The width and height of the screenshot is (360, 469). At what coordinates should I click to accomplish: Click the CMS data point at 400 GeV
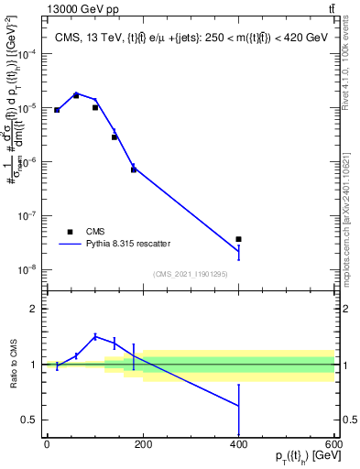pos(238,239)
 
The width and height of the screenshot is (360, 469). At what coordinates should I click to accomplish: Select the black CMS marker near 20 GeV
pos(57,110)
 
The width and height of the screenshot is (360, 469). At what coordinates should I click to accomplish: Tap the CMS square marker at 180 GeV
pos(134,169)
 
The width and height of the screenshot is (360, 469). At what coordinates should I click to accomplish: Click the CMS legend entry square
pos(70,232)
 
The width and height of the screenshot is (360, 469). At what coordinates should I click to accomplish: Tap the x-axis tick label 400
pos(238,445)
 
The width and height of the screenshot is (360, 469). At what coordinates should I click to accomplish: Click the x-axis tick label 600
pos(332,445)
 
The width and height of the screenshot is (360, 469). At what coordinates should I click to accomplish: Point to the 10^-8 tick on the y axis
pos(31,270)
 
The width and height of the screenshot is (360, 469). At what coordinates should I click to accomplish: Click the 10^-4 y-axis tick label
pos(31,54)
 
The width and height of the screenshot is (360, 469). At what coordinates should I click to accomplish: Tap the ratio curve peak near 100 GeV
pos(95,336)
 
